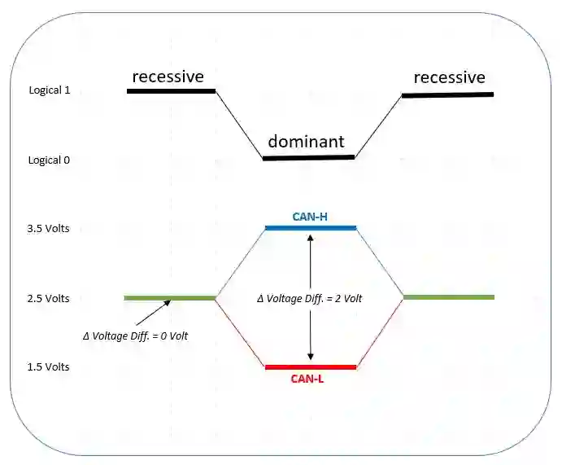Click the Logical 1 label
click(x=50, y=90)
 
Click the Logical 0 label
click(x=50, y=160)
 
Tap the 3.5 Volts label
click(x=48, y=229)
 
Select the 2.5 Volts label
click(x=48, y=299)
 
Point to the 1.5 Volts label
click(x=48, y=367)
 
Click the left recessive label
click(x=168, y=77)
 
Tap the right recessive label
click(x=449, y=77)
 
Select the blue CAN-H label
click(x=310, y=217)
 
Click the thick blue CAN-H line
click(x=311, y=228)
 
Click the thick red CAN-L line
click(x=311, y=367)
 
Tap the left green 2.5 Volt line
click(x=169, y=298)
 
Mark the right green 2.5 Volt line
click(x=448, y=297)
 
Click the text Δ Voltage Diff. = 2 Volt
click(x=310, y=299)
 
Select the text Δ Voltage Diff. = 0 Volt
click(x=137, y=336)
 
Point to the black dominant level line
click(x=308, y=157)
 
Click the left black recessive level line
click(x=171, y=91)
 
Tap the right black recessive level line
click(x=447, y=94)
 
